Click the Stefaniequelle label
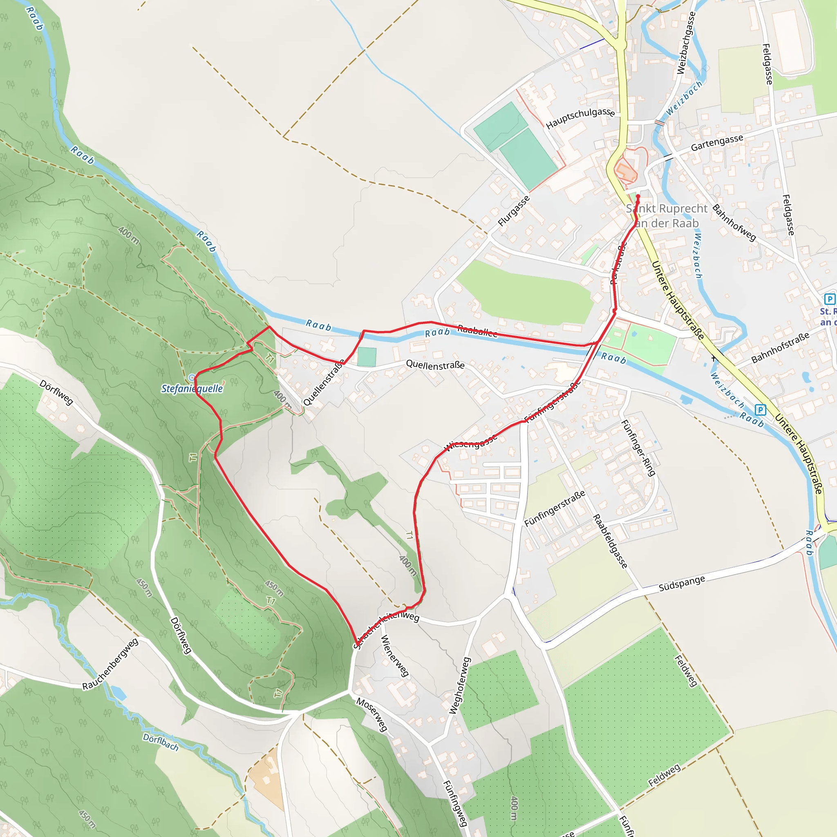(192, 389)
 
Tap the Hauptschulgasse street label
(580, 117)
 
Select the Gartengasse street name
(717, 143)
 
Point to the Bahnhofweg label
(734, 223)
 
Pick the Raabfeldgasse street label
(610, 541)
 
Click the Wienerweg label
(394, 656)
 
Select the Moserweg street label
(372, 714)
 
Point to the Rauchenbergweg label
(110, 664)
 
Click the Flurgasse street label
(514, 211)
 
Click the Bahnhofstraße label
(780, 348)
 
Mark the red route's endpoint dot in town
(638, 197)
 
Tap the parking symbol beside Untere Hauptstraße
(760, 410)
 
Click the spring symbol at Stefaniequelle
(192, 378)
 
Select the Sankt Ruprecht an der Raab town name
(666, 216)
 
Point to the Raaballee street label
(477, 331)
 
